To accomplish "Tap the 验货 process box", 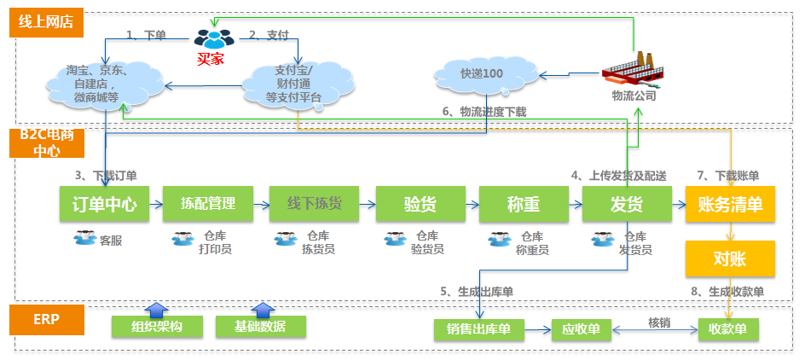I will tap(420, 205).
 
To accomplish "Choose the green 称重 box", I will tap(524, 205).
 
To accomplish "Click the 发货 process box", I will tap(628, 205).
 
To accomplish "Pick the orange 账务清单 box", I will tap(730, 205).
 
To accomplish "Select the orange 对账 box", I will tap(730, 258).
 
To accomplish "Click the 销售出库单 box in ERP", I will tap(478, 328).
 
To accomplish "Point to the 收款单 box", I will tap(727, 328).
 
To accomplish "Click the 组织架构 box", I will tap(157, 327).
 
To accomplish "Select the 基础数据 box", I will tap(261, 327).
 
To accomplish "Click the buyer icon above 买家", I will tap(212, 38).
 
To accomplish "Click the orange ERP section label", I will tap(47, 322).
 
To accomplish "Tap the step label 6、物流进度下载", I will tap(484, 112).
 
